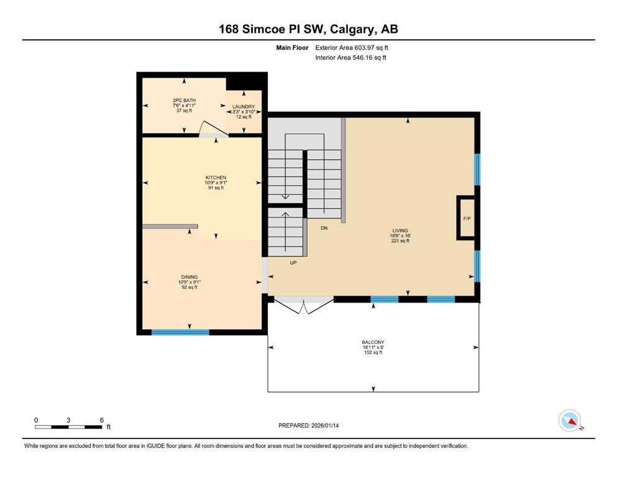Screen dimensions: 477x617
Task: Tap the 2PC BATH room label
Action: tap(184, 100)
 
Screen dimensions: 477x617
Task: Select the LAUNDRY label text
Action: tap(244, 107)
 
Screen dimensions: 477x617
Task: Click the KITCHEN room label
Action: tap(216, 177)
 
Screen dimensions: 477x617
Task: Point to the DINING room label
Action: tap(190, 277)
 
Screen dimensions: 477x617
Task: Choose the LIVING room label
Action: tap(398, 230)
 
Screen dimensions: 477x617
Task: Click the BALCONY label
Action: tap(373, 342)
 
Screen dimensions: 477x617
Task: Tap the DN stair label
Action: tap(324, 229)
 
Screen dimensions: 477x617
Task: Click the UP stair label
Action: tap(293, 263)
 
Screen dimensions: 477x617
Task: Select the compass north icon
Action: tap(569, 421)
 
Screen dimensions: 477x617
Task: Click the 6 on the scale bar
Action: tap(101, 419)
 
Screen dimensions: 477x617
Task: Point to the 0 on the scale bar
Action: tap(36, 419)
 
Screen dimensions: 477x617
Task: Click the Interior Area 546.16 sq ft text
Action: tap(350, 58)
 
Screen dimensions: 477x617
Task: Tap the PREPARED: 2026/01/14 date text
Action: tap(312, 425)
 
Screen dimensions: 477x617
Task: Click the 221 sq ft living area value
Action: tap(398, 241)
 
